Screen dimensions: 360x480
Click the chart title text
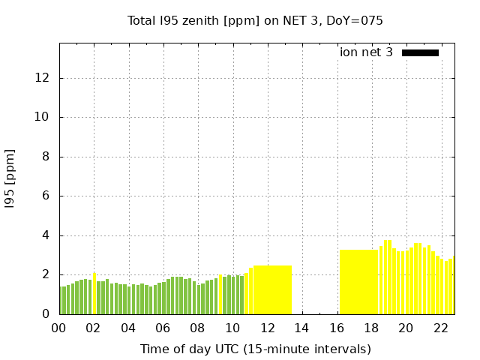click(x=255, y=20)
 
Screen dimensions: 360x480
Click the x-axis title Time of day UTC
click(x=255, y=349)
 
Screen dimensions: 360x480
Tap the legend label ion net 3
click(x=366, y=52)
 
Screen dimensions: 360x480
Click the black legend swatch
click(x=420, y=52)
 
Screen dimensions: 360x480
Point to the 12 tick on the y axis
click(x=43, y=78)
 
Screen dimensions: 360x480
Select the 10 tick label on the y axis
click(x=43, y=117)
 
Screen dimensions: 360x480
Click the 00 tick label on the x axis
click(x=58, y=328)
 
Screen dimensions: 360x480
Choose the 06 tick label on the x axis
click(x=163, y=328)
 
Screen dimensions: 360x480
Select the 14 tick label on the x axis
click(x=301, y=328)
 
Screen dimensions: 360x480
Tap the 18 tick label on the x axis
click(x=370, y=328)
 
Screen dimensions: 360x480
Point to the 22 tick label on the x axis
click(x=440, y=328)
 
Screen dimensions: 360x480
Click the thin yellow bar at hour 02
click(x=94, y=294)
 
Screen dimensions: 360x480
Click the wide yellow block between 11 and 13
click(x=272, y=289)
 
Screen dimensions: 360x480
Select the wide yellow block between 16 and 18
click(x=358, y=282)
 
